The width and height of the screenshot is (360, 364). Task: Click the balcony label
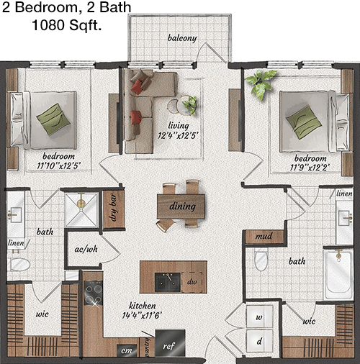click(182, 38)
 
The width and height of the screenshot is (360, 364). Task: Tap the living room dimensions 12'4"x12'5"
click(178, 136)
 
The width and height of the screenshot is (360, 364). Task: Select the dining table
click(181, 206)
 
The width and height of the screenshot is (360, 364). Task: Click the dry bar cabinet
click(114, 209)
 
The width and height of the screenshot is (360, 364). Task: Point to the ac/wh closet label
click(86, 250)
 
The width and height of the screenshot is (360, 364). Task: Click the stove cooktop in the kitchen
click(94, 293)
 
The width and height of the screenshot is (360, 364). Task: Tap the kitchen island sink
click(168, 282)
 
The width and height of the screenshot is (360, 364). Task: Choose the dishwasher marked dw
click(192, 282)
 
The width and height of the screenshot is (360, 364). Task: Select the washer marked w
click(260, 317)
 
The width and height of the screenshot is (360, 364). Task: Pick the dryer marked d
click(260, 342)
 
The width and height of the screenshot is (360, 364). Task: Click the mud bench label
click(264, 237)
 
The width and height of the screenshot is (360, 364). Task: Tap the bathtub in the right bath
click(338, 275)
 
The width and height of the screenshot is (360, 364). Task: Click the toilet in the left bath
click(19, 265)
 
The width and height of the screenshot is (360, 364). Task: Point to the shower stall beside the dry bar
click(81, 210)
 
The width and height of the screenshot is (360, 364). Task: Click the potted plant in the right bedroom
click(261, 83)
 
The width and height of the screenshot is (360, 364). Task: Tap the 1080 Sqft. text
click(66, 24)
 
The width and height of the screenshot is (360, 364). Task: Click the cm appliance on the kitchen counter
click(127, 350)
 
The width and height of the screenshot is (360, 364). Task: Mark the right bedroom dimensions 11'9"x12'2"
click(309, 168)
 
